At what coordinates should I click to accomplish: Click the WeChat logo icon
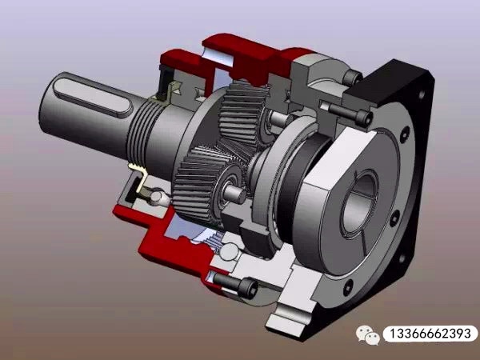pos(368,334)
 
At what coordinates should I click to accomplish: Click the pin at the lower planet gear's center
pos(237,192)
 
